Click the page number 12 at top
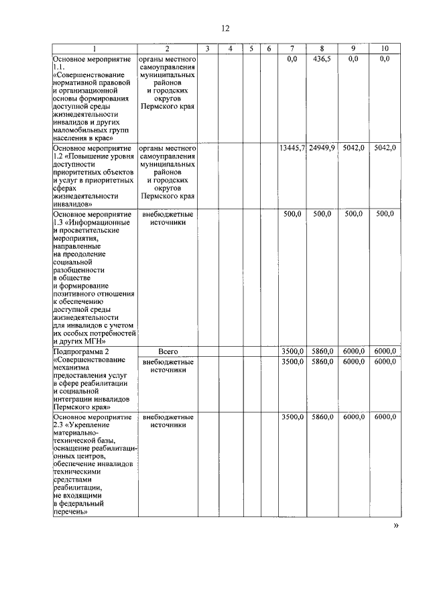tap(225, 28)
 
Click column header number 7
tap(292, 49)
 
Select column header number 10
tap(384, 49)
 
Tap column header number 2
tap(167, 49)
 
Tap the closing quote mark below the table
tap(395, 526)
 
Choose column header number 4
tap(229, 49)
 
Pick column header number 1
tap(95, 49)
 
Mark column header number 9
tap(353, 49)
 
